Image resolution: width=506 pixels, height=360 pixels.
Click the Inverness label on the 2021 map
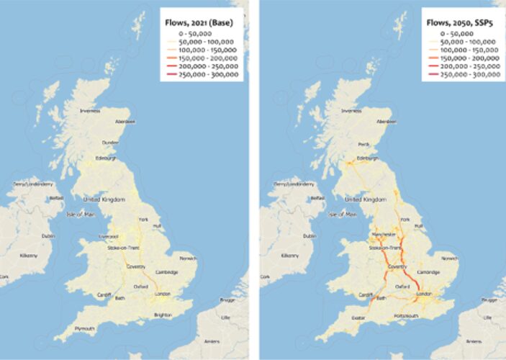pyautogui.click(x=89, y=111)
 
